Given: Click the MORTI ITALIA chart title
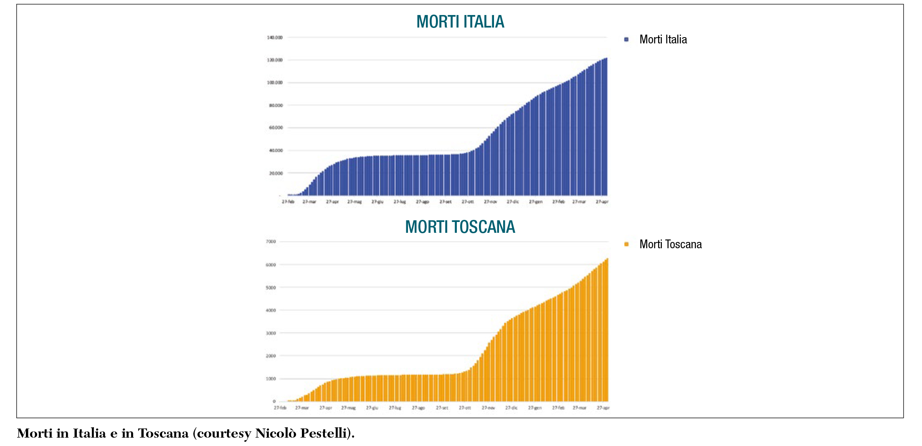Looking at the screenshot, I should click(460, 22).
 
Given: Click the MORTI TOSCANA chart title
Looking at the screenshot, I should click(460, 227).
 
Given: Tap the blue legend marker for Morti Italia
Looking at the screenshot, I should click(626, 40).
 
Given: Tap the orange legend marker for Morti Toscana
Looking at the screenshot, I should click(626, 244).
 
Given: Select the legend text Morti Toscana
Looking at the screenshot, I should click(670, 244).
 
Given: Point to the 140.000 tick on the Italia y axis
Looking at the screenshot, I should click(275, 38).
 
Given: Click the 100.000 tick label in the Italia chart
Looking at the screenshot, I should click(275, 83).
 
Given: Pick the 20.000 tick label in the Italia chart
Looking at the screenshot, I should click(276, 173).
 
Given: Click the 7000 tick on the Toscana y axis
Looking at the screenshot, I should click(271, 242).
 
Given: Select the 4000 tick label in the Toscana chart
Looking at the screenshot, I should click(271, 310).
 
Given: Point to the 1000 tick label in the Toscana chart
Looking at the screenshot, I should click(271, 379).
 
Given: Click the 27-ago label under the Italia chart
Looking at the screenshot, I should click(422, 202).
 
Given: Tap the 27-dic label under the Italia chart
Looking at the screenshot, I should click(512, 202).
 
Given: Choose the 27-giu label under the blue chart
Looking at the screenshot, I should click(377, 202).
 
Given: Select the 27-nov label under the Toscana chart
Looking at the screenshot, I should click(488, 408).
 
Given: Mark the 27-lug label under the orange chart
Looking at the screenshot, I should click(395, 408).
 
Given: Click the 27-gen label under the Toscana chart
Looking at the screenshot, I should click(534, 408).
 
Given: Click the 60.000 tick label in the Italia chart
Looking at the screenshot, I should click(276, 128).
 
